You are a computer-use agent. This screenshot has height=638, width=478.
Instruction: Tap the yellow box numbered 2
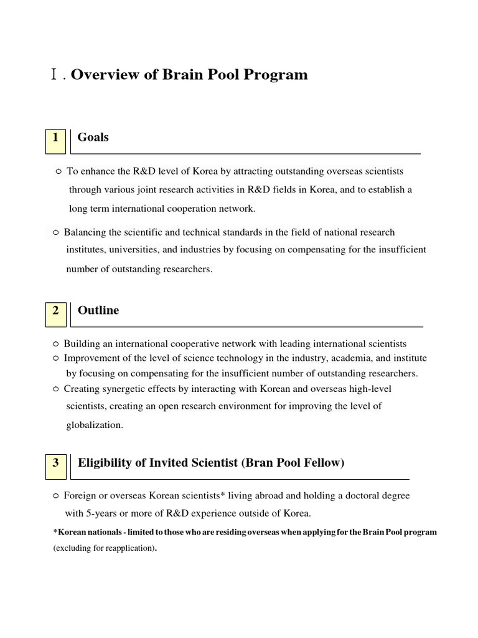(x=55, y=313)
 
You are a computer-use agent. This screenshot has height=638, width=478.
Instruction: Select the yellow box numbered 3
(x=55, y=466)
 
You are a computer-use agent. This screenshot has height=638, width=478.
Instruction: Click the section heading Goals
(x=93, y=137)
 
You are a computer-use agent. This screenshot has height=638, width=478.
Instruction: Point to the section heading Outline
(x=98, y=310)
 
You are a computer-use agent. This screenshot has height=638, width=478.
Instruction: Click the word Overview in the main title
(x=100, y=75)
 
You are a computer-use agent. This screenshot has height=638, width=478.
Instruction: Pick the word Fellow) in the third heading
(x=324, y=463)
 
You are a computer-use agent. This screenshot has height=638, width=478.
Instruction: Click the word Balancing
(x=85, y=232)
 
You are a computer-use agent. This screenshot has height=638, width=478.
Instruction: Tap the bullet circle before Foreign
(x=55, y=497)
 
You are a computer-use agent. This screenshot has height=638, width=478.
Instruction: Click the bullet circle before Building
(x=55, y=344)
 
